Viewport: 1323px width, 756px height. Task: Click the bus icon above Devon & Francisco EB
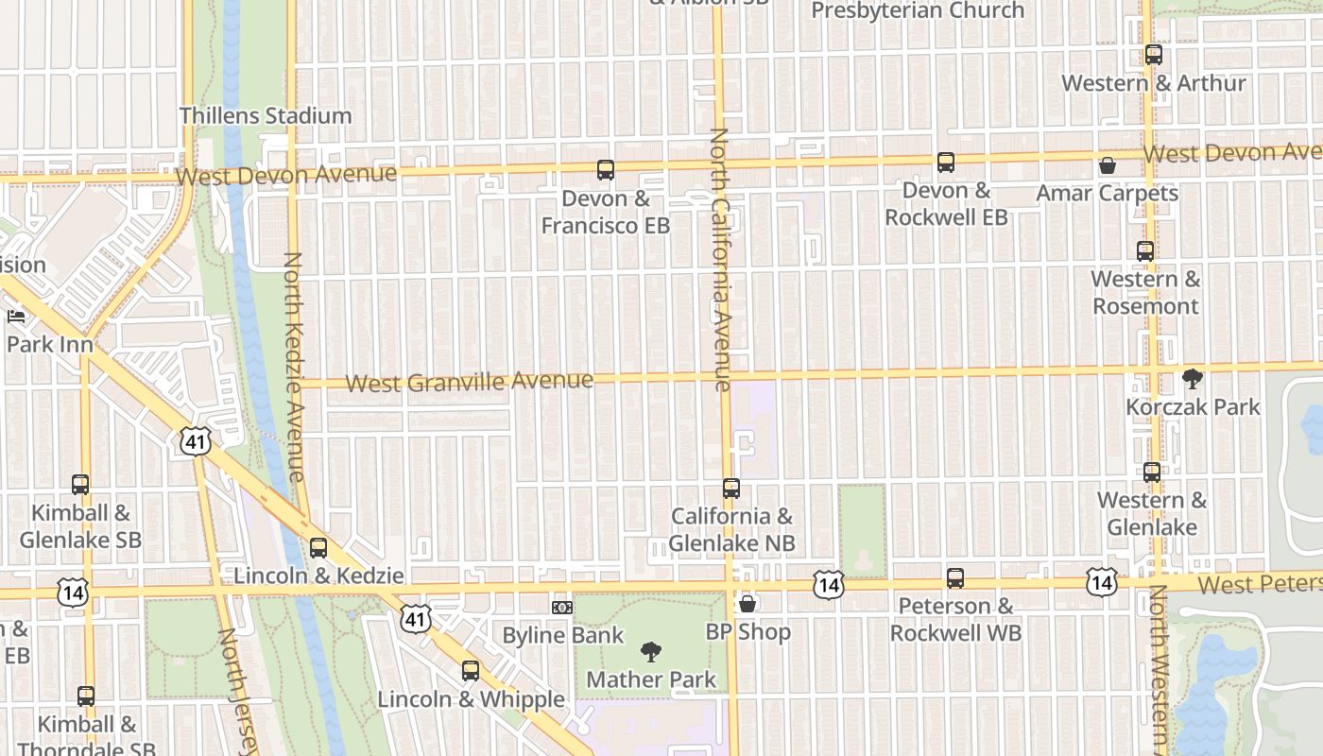[x=606, y=170]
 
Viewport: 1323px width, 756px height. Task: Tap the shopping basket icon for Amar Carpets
[x=1108, y=166]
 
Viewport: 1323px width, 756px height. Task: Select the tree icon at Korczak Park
[x=1193, y=380]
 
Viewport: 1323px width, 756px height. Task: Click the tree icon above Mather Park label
[x=650, y=651]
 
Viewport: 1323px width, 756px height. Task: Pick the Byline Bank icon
[x=562, y=608]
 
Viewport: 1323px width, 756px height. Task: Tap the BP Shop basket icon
[x=747, y=604]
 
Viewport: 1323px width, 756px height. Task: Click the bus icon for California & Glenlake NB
[x=731, y=489]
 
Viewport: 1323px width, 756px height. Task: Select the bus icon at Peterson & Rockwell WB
[x=955, y=578]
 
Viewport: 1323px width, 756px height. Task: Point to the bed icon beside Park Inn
[x=16, y=316]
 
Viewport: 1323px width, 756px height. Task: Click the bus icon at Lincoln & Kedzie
[x=318, y=548]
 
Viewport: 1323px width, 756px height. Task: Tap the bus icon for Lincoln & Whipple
[x=471, y=672]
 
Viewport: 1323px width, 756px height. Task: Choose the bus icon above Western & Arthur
[x=1154, y=55]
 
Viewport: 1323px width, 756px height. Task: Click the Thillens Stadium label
[x=266, y=116]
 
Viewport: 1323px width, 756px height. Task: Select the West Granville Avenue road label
[x=470, y=382]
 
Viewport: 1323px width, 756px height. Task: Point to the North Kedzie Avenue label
[x=294, y=367]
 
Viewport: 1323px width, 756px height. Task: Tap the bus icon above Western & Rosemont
[x=1145, y=251]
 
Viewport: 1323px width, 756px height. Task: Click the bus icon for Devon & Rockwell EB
[x=946, y=163]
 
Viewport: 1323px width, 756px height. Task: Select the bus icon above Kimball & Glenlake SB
[x=80, y=485]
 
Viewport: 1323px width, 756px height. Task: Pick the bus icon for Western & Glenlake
[x=1152, y=472]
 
